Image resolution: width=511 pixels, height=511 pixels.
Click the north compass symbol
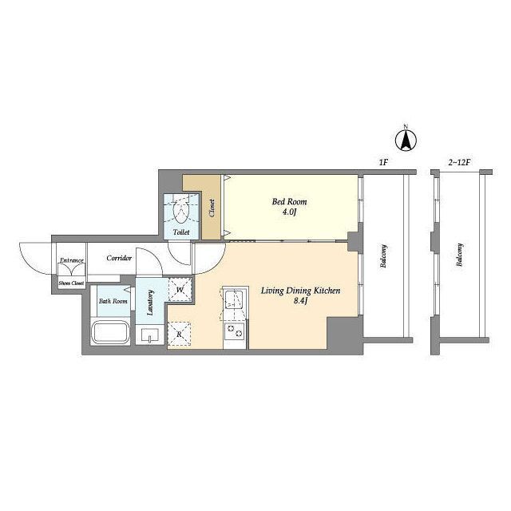coord(406,141)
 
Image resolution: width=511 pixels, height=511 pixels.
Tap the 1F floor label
coord(383,162)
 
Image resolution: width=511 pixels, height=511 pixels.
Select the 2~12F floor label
coord(460,162)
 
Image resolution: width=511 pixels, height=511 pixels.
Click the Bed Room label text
coord(289,202)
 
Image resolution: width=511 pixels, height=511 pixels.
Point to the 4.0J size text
coord(289,212)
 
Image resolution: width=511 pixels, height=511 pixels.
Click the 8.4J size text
coord(301,301)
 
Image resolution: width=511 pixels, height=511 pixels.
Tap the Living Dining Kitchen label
coord(300,291)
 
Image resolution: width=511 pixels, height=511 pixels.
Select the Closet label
coord(212,208)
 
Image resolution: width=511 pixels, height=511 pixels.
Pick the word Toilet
coord(181,232)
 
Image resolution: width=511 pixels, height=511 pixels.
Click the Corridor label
coord(119,258)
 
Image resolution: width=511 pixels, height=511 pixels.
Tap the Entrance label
coord(72,260)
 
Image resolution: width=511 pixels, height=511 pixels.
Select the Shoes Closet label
coord(71,283)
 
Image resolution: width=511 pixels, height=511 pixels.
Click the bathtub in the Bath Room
coord(110,332)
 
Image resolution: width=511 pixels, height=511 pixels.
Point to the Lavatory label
coord(150,303)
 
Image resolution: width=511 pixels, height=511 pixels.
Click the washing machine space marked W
coord(180,289)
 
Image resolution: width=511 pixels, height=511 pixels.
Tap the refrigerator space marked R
coord(179,334)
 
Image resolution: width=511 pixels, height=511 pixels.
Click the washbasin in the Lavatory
coord(150,335)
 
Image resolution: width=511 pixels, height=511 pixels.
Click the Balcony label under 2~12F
coord(460,255)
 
